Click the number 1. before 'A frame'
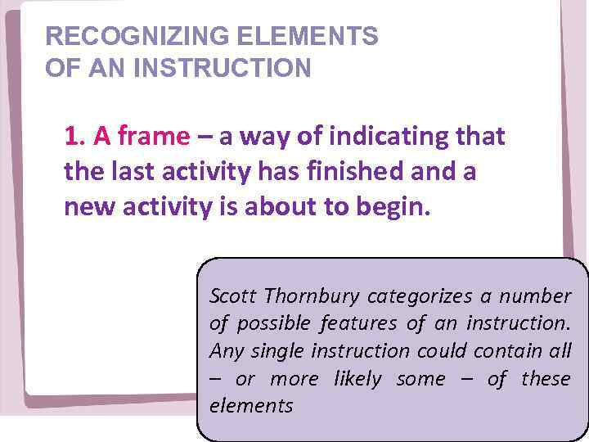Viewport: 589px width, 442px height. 75,137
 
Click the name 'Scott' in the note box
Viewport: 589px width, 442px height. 232,295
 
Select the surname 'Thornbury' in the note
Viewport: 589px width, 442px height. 312,295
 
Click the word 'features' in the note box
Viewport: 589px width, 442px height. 363,323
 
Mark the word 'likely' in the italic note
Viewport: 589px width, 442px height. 357,379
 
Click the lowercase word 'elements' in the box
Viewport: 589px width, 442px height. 251,406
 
